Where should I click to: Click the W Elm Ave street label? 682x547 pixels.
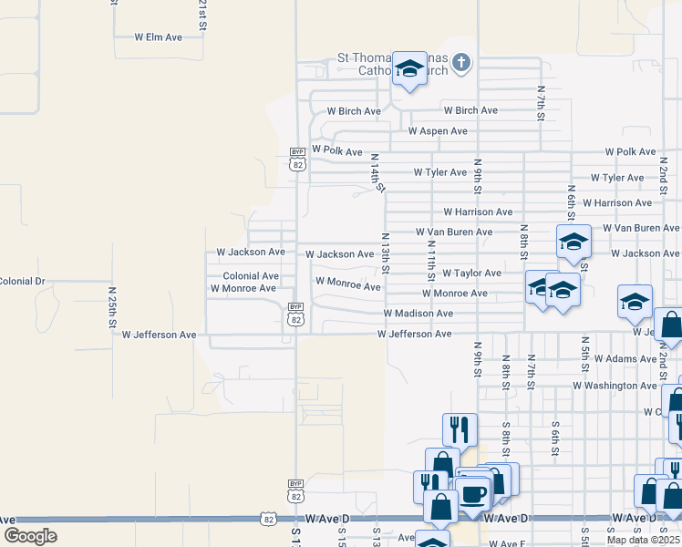click(x=158, y=37)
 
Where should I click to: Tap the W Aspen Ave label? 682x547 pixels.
click(x=438, y=131)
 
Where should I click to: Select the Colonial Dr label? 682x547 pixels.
click(x=22, y=281)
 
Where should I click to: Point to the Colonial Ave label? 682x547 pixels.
click(x=251, y=275)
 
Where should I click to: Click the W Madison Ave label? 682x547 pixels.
click(x=418, y=314)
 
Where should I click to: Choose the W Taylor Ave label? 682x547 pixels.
click(x=471, y=273)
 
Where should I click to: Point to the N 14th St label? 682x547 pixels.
click(x=376, y=173)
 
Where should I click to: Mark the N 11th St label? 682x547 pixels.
click(x=431, y=260)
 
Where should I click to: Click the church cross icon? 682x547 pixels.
click(x=462, y=62)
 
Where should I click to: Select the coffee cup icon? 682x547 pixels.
click(x=472, y=494)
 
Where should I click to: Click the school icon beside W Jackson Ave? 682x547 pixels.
click(x=574, y=242)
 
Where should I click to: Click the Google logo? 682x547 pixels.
click(x=30, y=536)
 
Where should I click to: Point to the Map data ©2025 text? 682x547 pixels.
click(x=642, y=540)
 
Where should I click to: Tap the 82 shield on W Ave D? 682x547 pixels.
click(x=267, y=519)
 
